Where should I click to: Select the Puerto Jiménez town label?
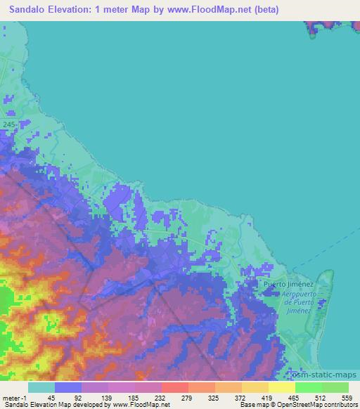click(288, 284)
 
